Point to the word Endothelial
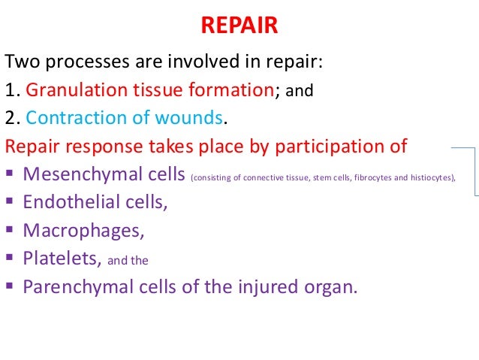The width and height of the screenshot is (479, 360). click(x=65, y=202)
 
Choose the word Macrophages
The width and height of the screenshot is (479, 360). click(x=73, y=230)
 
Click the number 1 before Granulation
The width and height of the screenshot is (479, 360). click(x=11, y=91)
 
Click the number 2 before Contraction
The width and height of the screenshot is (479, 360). click(x=11, y=118)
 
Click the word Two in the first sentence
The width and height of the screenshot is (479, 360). click(x=22, y=63)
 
